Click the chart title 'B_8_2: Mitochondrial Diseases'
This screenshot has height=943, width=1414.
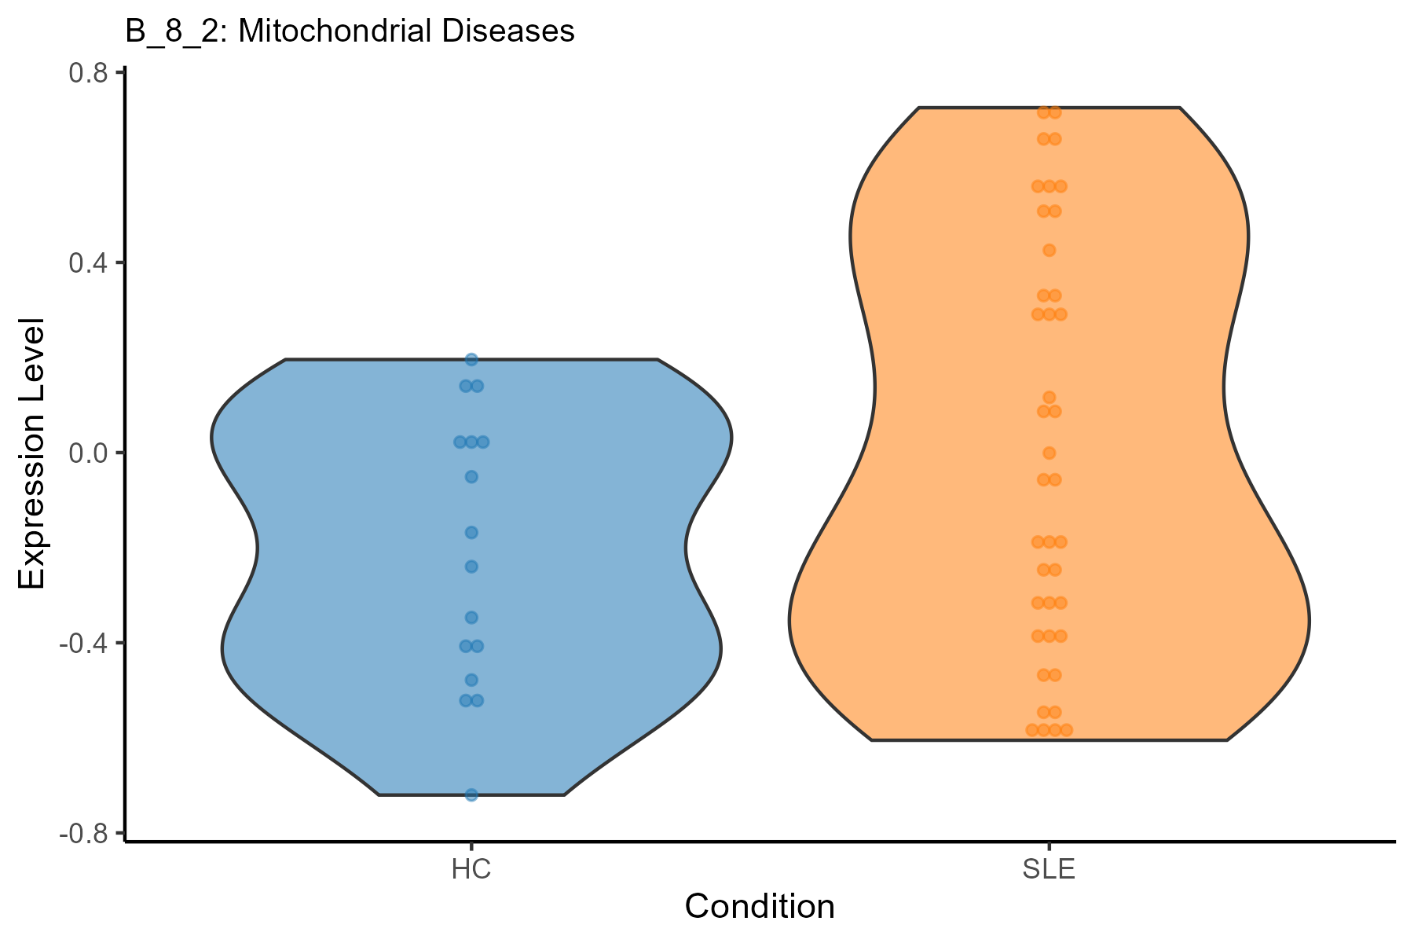click(350, 31)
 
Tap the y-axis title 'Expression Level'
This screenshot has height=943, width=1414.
click(33, 453)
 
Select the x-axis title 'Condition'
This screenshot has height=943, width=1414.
click(760, 907)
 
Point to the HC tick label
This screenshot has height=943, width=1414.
click(471, 871)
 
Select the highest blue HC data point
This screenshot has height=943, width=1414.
click(471, 360)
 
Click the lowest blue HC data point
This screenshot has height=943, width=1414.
click(471, 795)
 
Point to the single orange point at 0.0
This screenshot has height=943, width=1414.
click(1049, 453)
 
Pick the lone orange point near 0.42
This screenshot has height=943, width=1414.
click(1049, 251)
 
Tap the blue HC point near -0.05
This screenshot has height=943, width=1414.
click(471, 477)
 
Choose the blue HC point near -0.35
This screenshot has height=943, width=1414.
click(471, 618)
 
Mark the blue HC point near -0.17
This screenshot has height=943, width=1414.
click(471, 533)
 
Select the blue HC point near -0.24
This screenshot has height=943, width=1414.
click(471, 567)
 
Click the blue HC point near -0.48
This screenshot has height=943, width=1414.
click(471, 680)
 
